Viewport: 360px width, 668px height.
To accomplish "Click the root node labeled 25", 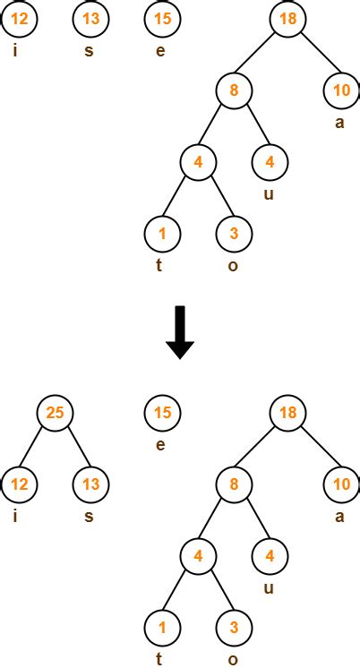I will click(54, 413).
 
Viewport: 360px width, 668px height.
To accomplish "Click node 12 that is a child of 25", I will click(19, 484).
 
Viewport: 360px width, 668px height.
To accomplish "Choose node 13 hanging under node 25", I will click(90, 484).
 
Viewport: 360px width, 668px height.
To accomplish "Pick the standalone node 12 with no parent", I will click(19, 18).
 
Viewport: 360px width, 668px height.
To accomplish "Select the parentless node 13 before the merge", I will click(90, 18).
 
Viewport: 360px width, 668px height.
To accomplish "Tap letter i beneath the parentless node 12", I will click(15, 50).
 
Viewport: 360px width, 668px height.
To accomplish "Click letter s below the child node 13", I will click(88, 518).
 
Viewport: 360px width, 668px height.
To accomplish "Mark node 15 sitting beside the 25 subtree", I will click(162, 413).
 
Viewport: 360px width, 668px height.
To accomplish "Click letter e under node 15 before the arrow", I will click(160, 51).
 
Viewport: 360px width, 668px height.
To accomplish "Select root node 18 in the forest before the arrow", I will click(287, 18).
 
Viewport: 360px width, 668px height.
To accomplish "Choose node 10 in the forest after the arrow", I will click(341, 484).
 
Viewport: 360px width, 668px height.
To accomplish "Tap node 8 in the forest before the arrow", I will click(234, 90).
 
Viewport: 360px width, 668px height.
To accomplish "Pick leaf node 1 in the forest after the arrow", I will click(162, 628).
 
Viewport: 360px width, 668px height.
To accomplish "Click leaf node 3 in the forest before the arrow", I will click(234, 233).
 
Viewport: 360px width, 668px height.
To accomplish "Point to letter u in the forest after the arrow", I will click(269, 588).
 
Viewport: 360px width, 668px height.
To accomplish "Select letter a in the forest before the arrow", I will click(339, 123).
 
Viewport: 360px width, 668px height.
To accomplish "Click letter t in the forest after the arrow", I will click(160, 660).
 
